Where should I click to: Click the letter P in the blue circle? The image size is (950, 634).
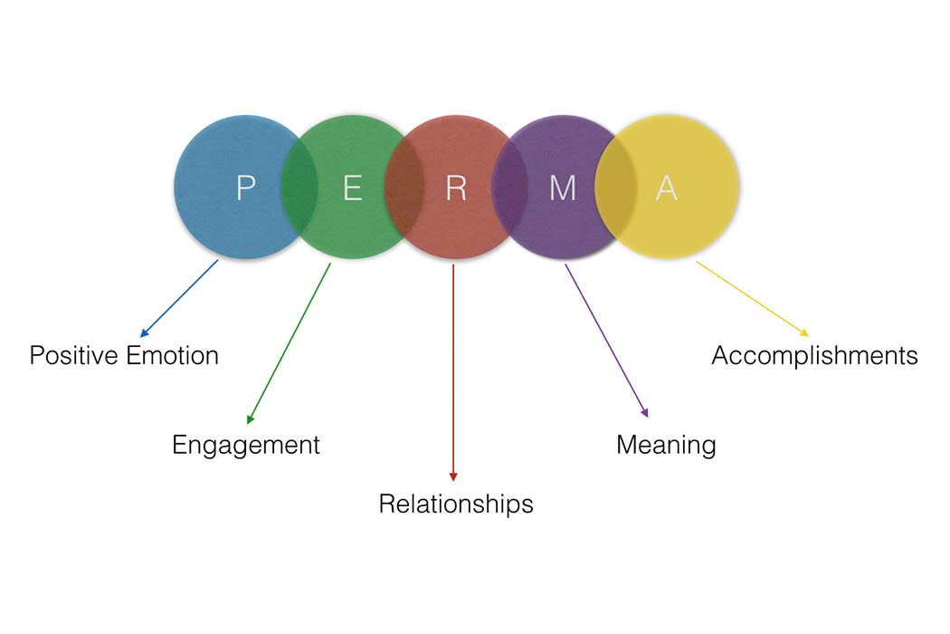tap(245, 187)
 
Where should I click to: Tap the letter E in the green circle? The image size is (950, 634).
tap(352, 187)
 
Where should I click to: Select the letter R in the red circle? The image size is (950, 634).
tap(456, 187)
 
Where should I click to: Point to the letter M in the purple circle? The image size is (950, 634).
tap(563, 187)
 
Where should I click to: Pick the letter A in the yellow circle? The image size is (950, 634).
tap(666, 187)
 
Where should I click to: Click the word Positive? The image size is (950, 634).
tap(73, 355)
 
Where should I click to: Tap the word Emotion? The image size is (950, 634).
tap(172, 355)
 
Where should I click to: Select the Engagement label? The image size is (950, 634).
tap(245, 445)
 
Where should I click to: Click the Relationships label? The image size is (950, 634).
tap(455, 504)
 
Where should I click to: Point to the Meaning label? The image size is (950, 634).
tap(666, 445)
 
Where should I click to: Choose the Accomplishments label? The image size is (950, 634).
tap(814, 355)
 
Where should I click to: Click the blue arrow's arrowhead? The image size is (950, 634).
tap(143, 335)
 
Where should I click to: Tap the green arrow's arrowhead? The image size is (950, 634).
tap(249, 420)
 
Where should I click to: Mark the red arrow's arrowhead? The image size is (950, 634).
tap(453, 477)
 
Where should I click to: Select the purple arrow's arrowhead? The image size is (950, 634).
tap(646, 414)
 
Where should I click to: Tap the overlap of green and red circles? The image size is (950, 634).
tap(404, 187)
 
